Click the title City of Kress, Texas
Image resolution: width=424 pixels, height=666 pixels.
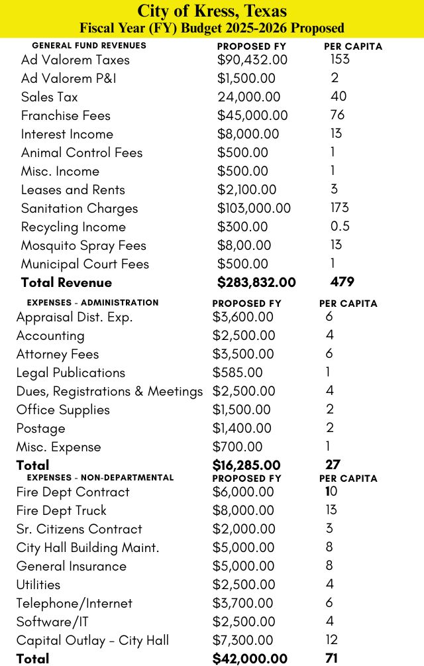(x=212, y=11)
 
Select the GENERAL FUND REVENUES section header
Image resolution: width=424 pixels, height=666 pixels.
(x=89, y=46)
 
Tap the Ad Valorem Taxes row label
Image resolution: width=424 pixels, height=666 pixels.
(x=76, y=60)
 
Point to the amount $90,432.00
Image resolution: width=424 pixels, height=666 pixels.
(x=252, y=60)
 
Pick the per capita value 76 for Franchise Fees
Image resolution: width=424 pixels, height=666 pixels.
(x=337, y=115)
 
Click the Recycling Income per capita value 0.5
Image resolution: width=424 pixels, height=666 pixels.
(x=340, y=227)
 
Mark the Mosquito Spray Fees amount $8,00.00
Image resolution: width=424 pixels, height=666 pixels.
(x=244, y=245)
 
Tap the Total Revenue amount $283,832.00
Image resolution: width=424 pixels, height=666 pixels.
(x=256, y=282)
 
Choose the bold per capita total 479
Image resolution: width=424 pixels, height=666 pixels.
(x=342, y=282)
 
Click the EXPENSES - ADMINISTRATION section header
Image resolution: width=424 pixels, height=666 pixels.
(x=92, y=302)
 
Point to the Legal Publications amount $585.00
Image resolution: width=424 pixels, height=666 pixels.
(x=237, y=372)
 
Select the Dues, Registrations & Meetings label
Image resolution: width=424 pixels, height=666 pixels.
(x=109, y=391)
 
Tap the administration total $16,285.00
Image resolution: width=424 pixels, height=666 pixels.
(x=246, y=465)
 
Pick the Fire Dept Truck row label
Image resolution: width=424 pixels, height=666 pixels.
(x=61, y=510)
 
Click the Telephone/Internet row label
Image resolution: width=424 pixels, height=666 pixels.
(x=74, y=603)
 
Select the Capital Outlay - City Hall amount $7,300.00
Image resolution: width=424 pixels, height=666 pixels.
(x=242, y=640)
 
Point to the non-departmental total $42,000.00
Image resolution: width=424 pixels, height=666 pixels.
(x=250, y=659)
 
